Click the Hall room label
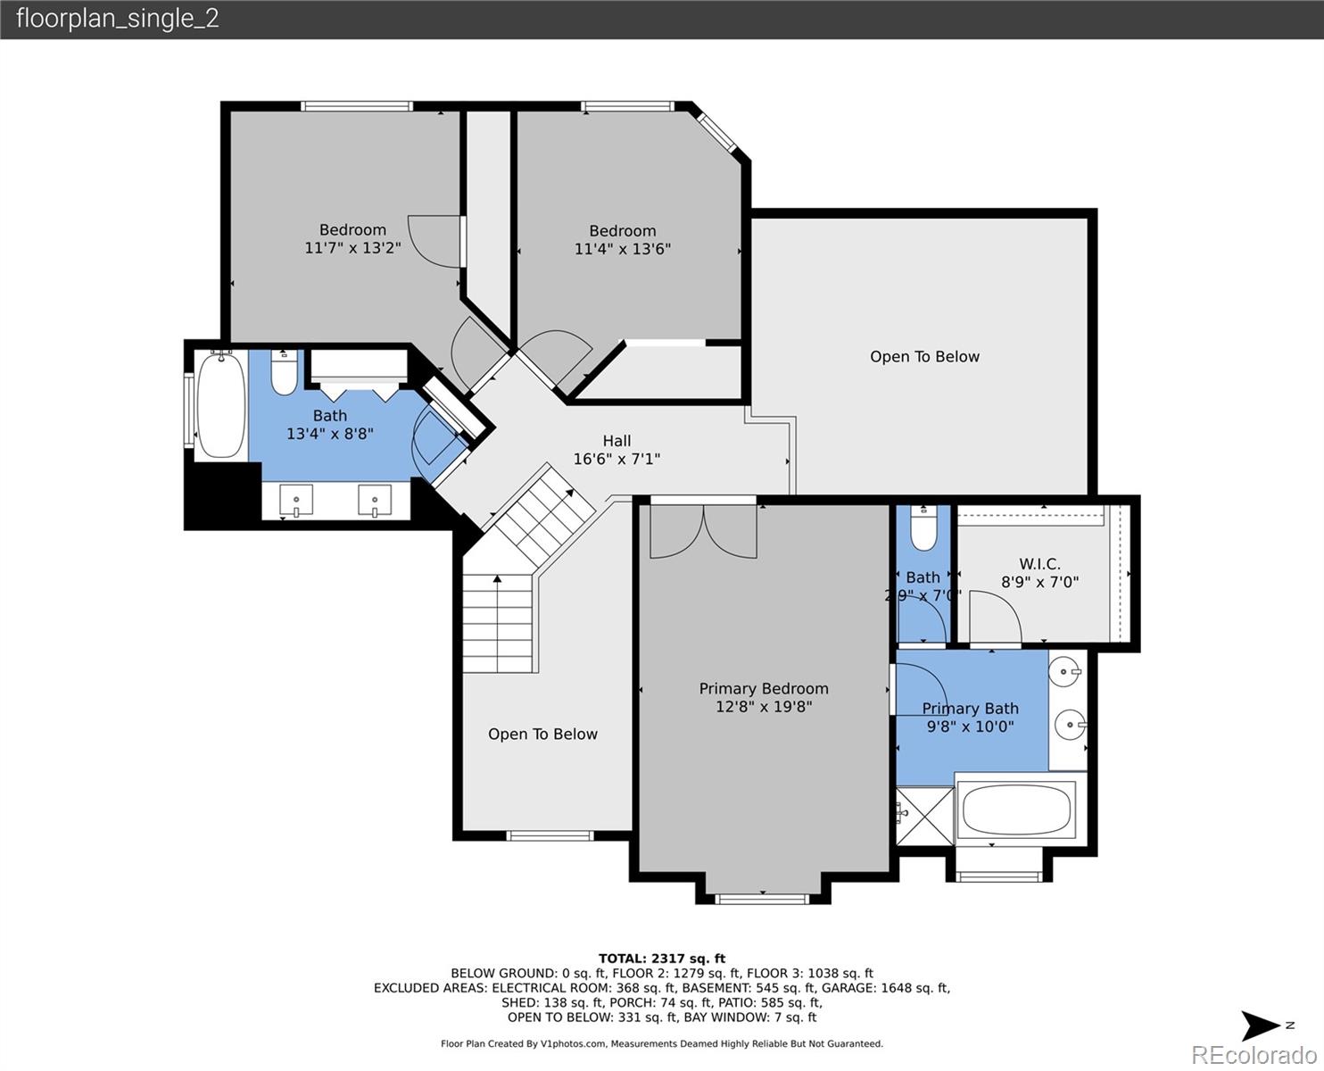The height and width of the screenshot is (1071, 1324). point(616,441)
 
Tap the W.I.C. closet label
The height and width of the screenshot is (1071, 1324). point(1039,564)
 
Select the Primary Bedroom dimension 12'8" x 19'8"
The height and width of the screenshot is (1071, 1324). point(764,706)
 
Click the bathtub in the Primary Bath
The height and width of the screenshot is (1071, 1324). point(1016,809)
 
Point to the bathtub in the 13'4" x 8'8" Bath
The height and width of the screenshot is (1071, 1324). point(220,405)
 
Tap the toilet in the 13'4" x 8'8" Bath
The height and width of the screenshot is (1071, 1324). point(284,372)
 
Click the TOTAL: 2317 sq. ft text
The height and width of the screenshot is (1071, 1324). point(662,959)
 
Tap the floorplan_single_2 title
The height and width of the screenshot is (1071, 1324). point(118,19)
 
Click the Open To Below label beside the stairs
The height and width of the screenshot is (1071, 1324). point(542,735)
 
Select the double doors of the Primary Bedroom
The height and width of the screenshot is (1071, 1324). point(704,531)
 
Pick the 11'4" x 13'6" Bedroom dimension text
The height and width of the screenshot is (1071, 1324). point(623,249)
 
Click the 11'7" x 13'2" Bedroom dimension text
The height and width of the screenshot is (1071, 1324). point(352,247)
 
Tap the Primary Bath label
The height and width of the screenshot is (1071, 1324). point(971,709)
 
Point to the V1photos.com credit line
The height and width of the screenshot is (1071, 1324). point(662,1043)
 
